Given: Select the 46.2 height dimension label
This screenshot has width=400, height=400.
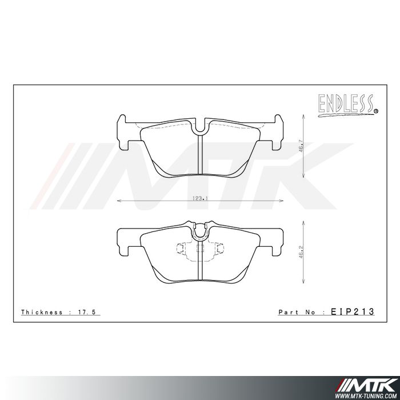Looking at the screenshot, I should click(x=301, y=253).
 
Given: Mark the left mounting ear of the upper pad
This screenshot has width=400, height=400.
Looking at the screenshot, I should click(x=123, y=129).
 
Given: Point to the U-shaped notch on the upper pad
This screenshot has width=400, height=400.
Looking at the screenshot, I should click(x=199, y=128).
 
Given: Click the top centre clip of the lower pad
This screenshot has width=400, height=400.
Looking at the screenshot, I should click(x=199, y=230).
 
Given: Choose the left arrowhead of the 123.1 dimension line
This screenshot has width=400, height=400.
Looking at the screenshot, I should click(x=118, y=201).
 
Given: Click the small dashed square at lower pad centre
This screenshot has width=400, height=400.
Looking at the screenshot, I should click(x=199, y=248).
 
